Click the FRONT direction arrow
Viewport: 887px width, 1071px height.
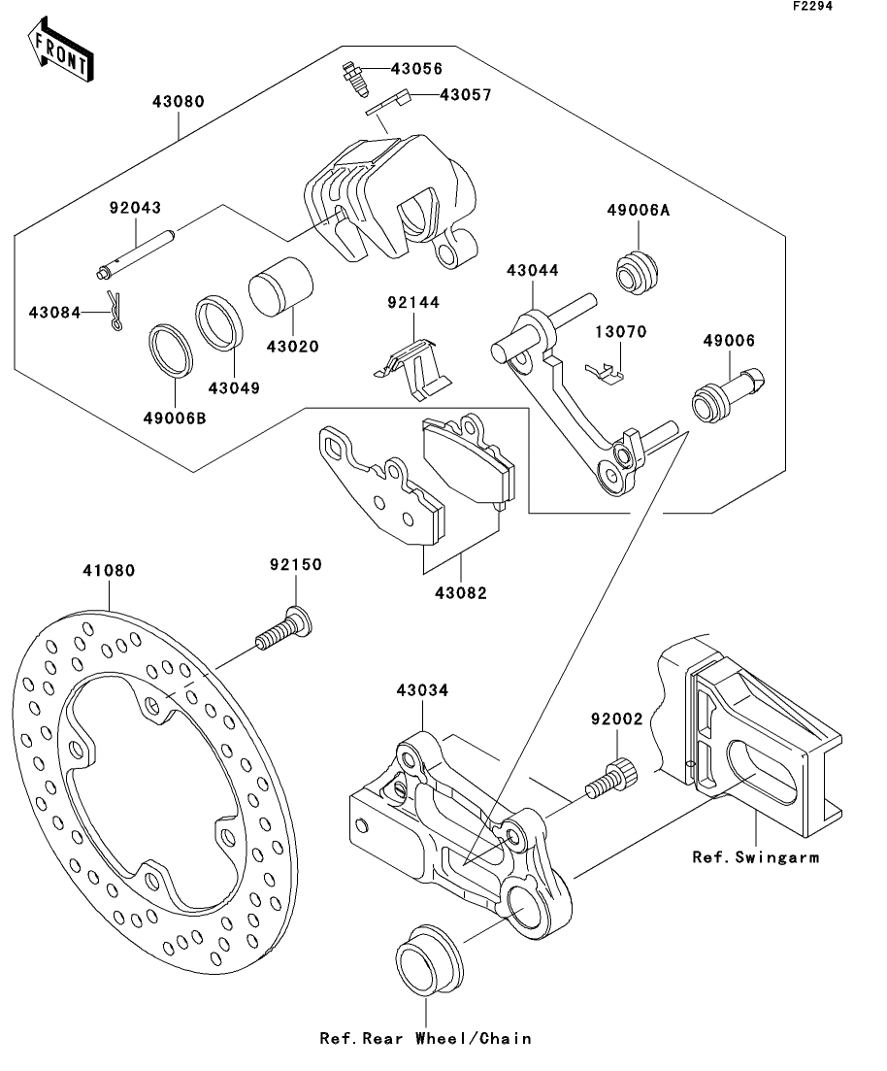tap(60, 50)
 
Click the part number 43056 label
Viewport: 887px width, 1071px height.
tap(416, 69)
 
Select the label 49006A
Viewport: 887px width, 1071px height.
tap(639, 211)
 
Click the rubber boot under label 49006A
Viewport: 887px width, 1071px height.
tap(637, 273)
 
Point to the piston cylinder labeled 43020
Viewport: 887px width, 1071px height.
tap(279, 285)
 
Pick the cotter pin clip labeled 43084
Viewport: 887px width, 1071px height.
tap(115, 311)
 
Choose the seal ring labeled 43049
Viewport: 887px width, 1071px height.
tap(218, 322)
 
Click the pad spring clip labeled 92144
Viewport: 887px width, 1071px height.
tap(412, 369)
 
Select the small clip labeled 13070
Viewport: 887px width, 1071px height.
tap(605, 373)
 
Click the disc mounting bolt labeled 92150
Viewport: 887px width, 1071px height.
tap(283, 629)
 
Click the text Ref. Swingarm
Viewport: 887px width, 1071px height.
tap(756, 857)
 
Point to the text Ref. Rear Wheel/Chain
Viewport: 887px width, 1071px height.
tap(425, 1039)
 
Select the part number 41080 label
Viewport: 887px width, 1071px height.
tap(110, 570)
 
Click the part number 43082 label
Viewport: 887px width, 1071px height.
tap(461, 593)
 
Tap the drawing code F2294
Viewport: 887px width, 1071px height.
tap(812, 7)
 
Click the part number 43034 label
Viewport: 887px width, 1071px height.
tap(423, 690)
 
